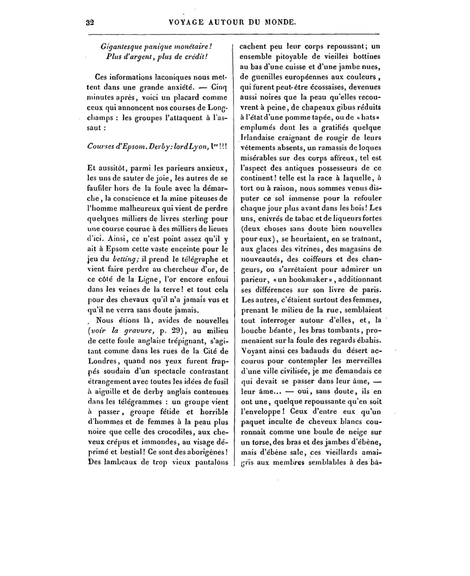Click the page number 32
click(x=90, y=23)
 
